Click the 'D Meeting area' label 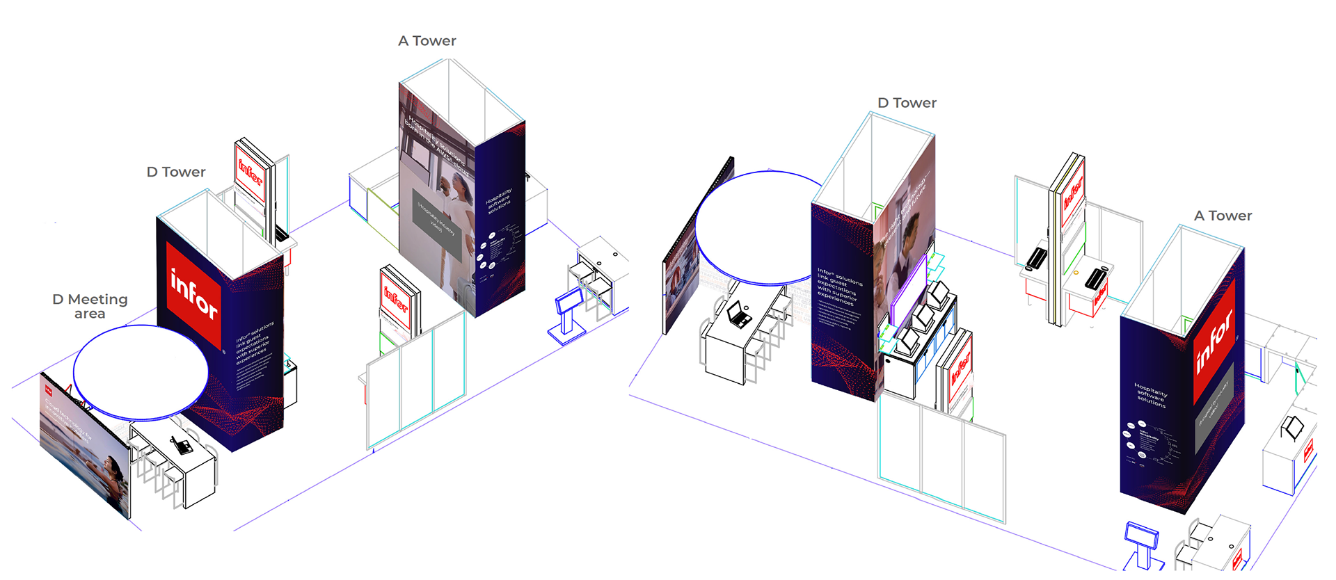tap(90, 306)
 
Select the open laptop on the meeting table tap(738, 314)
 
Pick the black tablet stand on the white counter tap(1293, 427)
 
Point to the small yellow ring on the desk tap(1076, 273)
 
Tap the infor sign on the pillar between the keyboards tap(1072, 195)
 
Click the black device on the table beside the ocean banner tap(183, 445)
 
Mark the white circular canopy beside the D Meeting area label tap(141, 372)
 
